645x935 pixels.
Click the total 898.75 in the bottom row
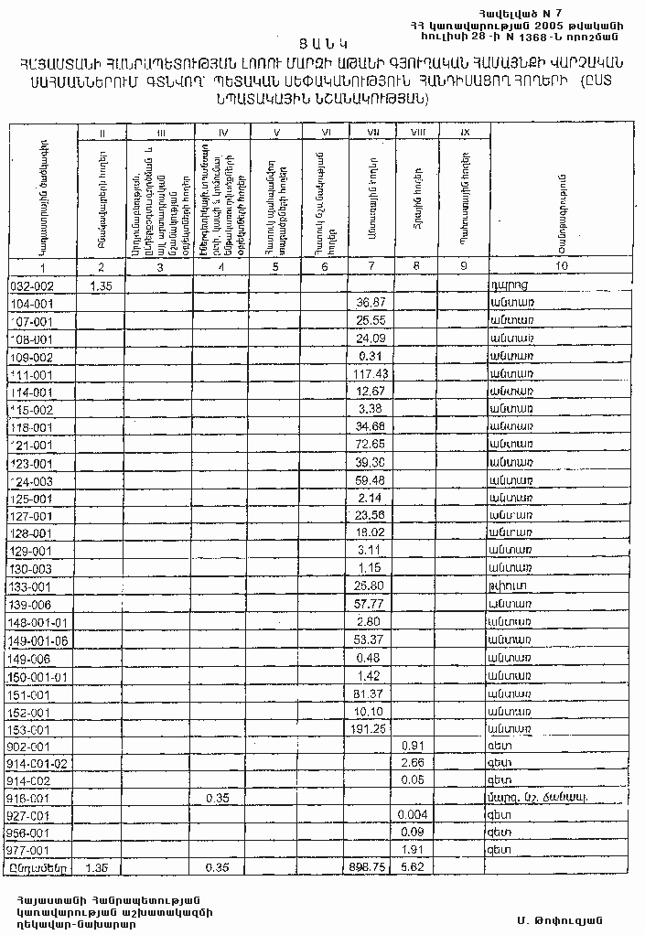371,865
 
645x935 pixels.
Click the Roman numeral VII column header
372,134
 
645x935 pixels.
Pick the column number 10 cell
560,266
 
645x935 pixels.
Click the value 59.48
371,479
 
